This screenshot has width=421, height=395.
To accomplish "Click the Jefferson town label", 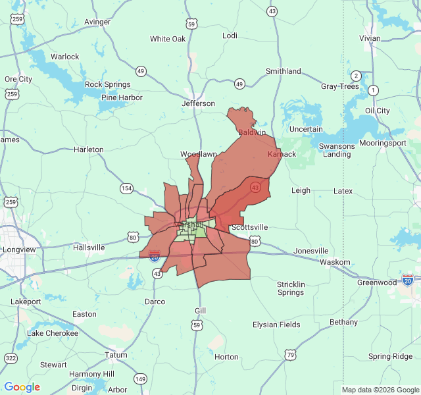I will (198, 103).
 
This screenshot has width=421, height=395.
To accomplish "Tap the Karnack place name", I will (282, 154).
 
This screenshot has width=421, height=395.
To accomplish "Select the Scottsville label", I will (249, 227).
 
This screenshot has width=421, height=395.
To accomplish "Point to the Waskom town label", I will (335, 262).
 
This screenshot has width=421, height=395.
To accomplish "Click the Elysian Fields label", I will (276, 325).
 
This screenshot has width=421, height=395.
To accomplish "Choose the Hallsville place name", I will (89, 248).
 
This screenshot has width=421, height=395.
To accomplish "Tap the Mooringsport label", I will (380, 143).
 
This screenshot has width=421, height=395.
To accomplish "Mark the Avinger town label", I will (97, 22).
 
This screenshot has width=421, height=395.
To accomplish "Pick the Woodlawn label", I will (199, 154).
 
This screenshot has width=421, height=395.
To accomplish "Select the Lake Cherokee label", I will (52, 333).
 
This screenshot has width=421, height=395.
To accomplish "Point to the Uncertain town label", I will (306, 129).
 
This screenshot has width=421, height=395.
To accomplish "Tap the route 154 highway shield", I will (126, 188).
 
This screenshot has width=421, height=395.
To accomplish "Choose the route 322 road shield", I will (11, 358).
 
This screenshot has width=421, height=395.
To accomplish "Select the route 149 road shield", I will (140, 379).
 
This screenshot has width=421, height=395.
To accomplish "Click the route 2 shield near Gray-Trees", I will (356, 76).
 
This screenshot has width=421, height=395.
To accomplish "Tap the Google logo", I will (22, 387).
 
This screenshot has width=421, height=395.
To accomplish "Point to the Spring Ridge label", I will (390, 357).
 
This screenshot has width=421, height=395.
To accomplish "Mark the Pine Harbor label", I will (122, 98).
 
